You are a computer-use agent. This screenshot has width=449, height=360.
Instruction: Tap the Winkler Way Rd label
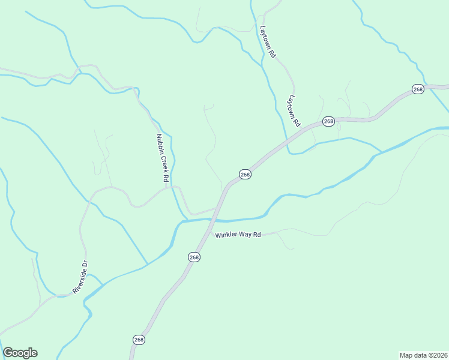tap(238, 235)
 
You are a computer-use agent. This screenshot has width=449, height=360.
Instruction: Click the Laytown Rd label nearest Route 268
tap(294, 111)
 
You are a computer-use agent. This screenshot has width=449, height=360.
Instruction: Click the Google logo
tap(20, 353)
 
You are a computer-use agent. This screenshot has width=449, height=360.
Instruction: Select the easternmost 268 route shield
tap(418, 89)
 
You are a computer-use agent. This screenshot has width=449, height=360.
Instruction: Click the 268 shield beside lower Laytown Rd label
tap(328, 121)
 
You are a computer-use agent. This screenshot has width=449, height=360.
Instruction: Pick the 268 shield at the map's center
tap(245, 174)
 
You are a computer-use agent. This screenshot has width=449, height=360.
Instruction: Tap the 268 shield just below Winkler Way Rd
tap(194, 257)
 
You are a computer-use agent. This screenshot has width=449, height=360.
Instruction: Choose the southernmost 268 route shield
tap(139, 340)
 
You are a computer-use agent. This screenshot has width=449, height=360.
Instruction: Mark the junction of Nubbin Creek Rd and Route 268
tap(217, 208)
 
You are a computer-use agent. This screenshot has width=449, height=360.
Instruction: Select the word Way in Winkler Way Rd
tap(244, 235)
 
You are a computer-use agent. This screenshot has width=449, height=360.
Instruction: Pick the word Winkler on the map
tap(226, 236)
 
